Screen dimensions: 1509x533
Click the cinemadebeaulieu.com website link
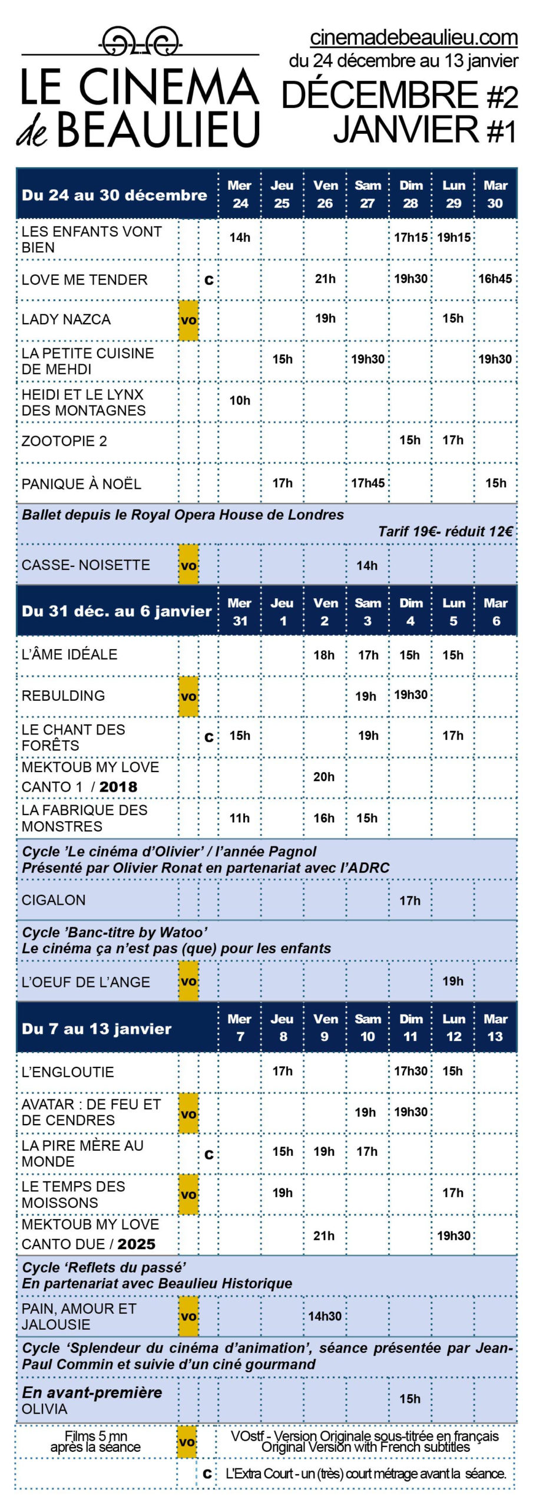coord(413,38)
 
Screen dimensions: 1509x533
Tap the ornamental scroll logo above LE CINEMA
coord(140,42)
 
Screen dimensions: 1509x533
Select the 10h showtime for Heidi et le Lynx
coord(240,401)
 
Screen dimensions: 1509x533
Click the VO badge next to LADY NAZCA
coord(188,320)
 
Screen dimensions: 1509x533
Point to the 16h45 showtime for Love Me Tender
coord(495,279)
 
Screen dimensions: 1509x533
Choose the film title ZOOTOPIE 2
coord(64,441)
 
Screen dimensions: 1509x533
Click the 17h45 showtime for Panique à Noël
coord(368,483)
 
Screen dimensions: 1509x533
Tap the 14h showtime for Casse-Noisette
coord(367,566)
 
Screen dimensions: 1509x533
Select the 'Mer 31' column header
coord(240,612)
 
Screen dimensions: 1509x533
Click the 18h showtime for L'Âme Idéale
coord(324,655)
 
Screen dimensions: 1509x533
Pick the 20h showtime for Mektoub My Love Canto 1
coord(324,777)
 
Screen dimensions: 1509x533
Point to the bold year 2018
coord(118,787)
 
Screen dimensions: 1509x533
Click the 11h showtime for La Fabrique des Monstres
coord(240,818)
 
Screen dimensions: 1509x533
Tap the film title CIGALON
coord(54,900)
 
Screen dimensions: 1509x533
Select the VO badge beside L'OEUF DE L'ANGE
coord(188,981)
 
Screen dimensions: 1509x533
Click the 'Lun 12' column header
coord(453,1027)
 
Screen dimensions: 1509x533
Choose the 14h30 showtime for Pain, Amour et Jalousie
coord(325,1316)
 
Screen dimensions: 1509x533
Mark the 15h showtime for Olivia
coord(410,1399)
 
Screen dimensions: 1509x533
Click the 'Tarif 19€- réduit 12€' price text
coord(445,532)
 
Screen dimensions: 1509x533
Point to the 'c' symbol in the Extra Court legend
coord(207,1474)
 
